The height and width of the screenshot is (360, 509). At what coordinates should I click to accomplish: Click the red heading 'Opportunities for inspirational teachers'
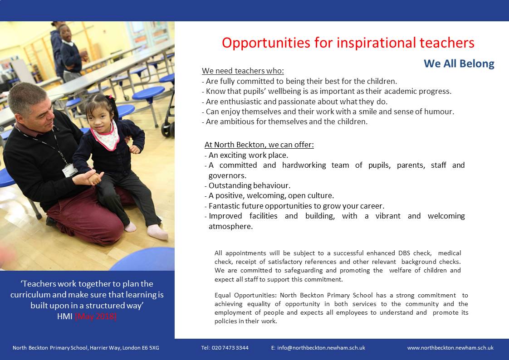[348, 43]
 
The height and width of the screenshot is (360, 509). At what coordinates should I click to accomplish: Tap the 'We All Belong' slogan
[459, 63]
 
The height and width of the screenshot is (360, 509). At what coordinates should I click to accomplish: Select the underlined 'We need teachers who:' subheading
[243, 71]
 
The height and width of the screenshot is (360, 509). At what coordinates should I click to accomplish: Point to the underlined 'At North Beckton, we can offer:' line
[259, 145]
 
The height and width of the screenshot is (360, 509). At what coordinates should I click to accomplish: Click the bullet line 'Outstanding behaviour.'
[250, 185]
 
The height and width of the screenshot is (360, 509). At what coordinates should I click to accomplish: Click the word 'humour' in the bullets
[440, 112]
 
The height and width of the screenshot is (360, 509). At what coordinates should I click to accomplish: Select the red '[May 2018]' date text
[95, 316]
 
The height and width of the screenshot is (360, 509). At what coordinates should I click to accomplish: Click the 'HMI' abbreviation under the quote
[64, 316]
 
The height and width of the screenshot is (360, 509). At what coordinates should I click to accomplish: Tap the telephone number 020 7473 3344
[230, 348]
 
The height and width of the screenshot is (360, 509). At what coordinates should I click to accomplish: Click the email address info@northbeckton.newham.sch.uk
[321, 348]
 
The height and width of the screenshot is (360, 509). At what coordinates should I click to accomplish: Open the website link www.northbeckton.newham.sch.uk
[450, 348]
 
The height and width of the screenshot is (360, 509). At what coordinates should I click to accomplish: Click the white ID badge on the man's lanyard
[69, 170]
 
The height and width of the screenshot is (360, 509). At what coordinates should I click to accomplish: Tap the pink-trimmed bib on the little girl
[106, 136]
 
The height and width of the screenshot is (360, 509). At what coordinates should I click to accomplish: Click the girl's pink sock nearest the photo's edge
[157, 232]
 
